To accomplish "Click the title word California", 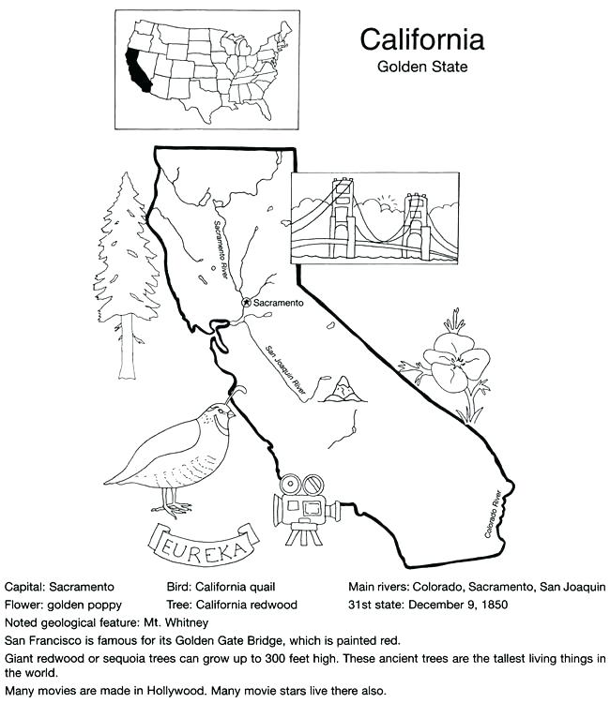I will click(422, 39).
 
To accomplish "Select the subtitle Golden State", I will click(422, 67).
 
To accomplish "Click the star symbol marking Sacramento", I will click(246, 303).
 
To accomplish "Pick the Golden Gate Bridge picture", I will click(374, 217).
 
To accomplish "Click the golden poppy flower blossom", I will click(455, 363).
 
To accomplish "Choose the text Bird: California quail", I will click(218, 587).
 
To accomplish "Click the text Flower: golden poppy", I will click(63, 605).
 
